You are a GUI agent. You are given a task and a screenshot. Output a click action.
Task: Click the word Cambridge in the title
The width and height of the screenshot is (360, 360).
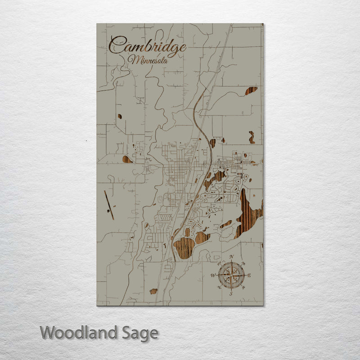(148, 46)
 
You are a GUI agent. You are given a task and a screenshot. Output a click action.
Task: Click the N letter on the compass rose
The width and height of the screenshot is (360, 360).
(232, 257)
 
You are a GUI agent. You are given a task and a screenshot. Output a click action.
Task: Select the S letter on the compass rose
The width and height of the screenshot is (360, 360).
(231, 294)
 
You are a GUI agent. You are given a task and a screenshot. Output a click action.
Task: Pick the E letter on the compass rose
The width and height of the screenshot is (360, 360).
(249, 275)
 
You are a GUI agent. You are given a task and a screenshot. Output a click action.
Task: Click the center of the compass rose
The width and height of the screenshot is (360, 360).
(232, 275)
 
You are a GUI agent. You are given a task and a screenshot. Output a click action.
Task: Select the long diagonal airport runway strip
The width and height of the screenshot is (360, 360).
(109, 205)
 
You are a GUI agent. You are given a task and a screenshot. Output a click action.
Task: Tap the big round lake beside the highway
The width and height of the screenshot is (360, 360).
(184, 247)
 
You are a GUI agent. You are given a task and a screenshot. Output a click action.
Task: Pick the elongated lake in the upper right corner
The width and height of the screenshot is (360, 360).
(251, 91)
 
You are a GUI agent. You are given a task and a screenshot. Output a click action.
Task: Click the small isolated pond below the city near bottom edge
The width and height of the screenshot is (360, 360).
(153, 291)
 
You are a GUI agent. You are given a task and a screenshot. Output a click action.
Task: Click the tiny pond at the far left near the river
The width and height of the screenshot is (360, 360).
(120, 116)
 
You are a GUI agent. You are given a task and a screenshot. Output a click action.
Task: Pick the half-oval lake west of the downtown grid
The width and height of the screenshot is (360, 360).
(127, 159)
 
